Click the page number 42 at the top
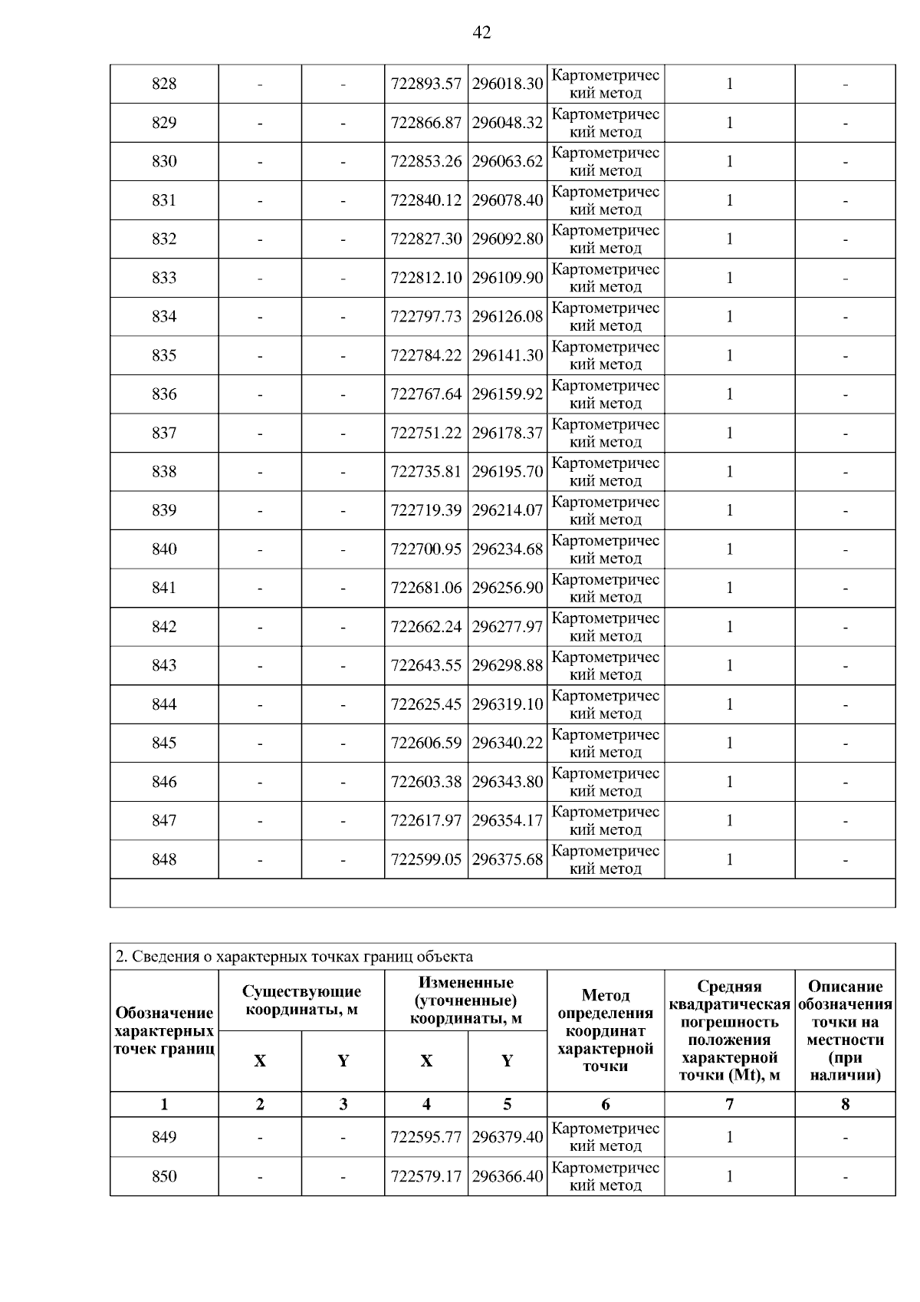coord(481,32)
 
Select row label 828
coord(164,84)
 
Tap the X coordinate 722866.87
coord(426,123)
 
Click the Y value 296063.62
coord(508,161)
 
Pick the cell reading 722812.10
coord(426,278)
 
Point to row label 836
coord(164,394)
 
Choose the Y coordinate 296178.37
coord(508,433)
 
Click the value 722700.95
coord(426,549)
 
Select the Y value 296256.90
coord(508,588)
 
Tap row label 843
coord(164,665)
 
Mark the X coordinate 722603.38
coord(426,782)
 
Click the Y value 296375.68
coord(508,859)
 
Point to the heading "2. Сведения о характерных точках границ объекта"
coord(294,957)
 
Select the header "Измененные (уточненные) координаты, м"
coord(465,1000)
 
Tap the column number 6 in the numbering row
coord(606,1104)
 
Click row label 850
coord(164,1176)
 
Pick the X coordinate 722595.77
coord(426,1137)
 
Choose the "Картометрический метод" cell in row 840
coord(606,549)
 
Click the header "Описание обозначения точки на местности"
coord(845,1030)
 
